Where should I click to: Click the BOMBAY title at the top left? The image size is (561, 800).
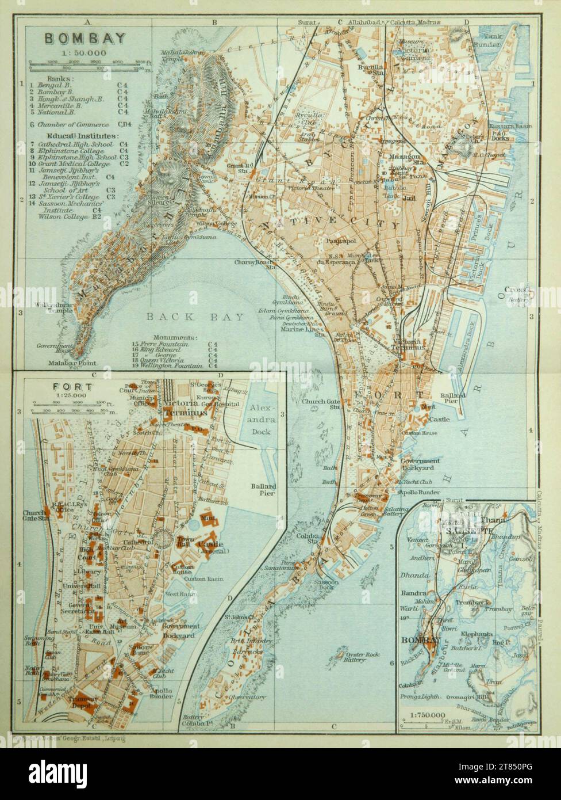click(x=84, y=39)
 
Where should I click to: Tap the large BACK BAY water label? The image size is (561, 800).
click(x=195, y=317)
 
